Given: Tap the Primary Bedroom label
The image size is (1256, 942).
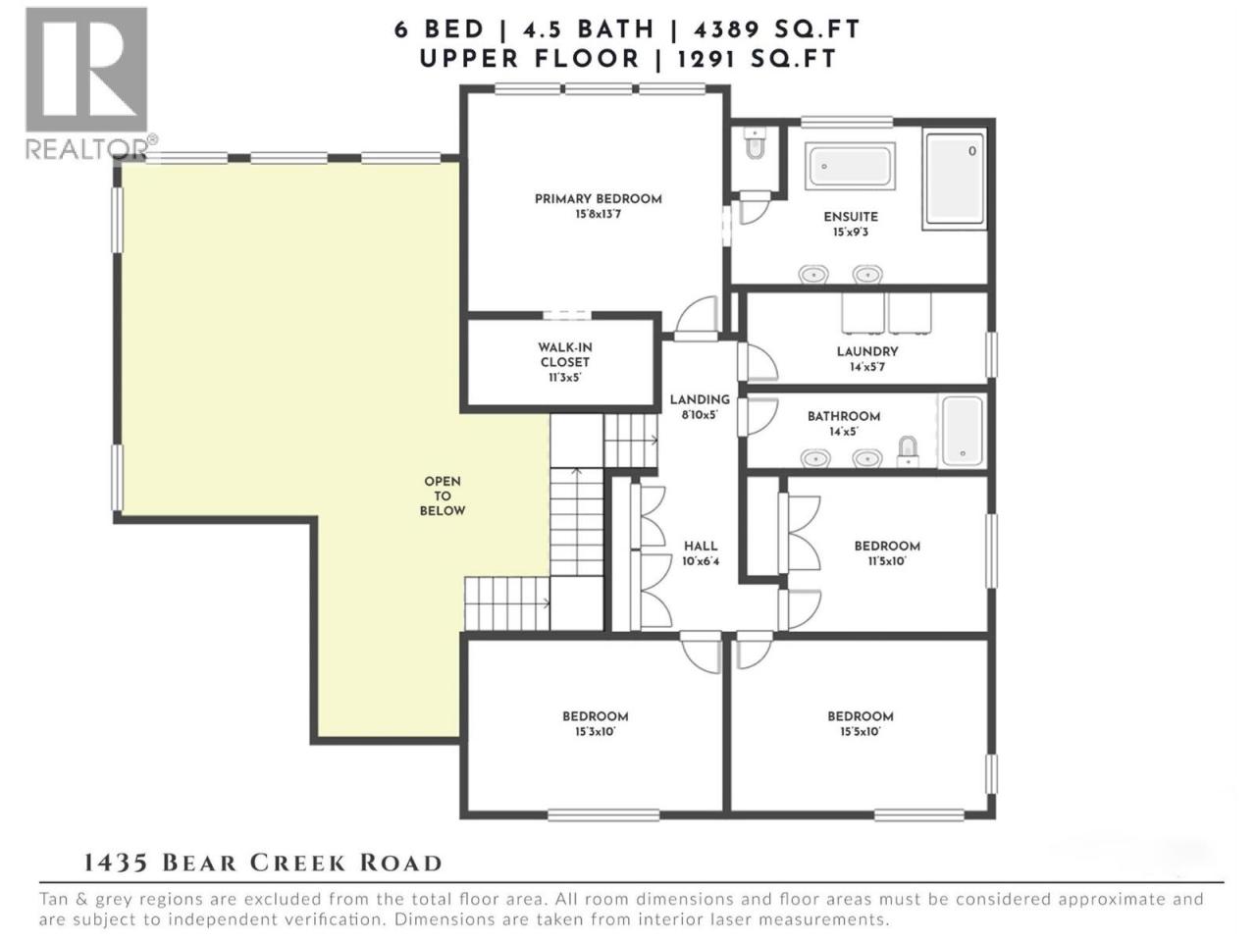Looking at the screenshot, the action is point(598,206).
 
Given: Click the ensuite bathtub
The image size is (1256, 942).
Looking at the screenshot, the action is point(851,165).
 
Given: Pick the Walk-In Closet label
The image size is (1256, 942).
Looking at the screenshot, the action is point(564,362).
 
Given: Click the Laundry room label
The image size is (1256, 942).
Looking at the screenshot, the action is point(867,358).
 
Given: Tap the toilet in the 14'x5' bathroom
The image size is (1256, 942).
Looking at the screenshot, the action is point(908,451).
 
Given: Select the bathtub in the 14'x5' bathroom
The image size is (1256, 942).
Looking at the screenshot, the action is point(963,430).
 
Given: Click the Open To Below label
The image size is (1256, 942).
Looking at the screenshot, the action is point(443,496).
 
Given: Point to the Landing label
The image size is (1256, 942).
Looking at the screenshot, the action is point(700,406).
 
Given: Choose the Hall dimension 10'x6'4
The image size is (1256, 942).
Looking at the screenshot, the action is point(701,561).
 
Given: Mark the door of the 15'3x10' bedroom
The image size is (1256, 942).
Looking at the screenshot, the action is point(699,652).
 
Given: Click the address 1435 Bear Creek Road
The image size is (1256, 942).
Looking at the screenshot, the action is point(263,863).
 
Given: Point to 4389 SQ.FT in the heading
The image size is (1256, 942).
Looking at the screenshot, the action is point(776,29).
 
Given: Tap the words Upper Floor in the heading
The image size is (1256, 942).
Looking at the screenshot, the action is point(529,59).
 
